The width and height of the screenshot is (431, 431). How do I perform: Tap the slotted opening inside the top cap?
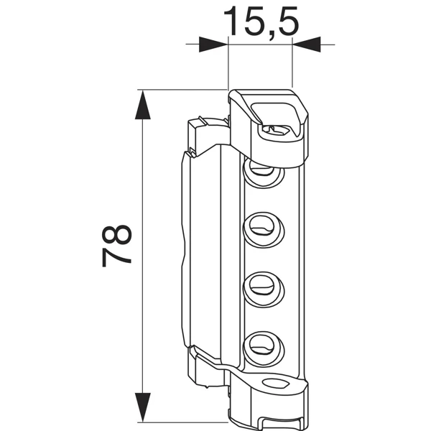pos(278,130)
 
